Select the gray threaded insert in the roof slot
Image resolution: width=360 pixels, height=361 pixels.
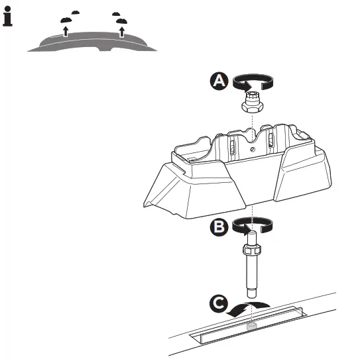(251, 327)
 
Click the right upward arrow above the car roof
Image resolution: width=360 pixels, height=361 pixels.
(122, 28)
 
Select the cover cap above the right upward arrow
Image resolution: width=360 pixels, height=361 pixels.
(117, 15)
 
